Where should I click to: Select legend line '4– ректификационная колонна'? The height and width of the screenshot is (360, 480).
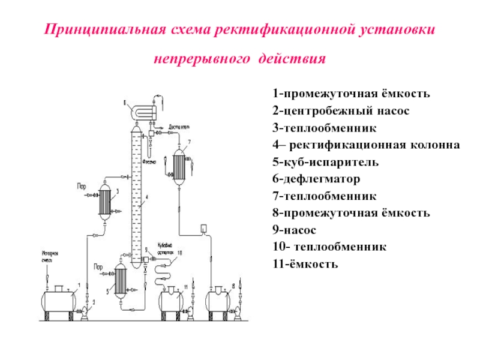pyautogui.click(x=366, y=145)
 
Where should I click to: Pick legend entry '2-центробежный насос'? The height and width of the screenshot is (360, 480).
pyautogui.click(x=332, y=111)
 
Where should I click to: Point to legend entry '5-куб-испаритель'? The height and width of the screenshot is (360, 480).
pyautogui.click(x=325, y=162)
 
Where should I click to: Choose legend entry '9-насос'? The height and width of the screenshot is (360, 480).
pyautogui.click(x=294, y=230)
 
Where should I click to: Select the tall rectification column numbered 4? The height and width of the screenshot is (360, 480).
pyautogui.click(x=137, y=186)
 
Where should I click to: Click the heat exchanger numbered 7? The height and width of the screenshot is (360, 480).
pyautogui.click(x=179, y=162)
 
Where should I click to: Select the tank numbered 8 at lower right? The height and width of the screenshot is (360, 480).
pyautogui.click(x=219, y=300)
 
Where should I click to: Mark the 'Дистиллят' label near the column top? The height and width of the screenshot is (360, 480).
pyautogui.click(x=179, y=127)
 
